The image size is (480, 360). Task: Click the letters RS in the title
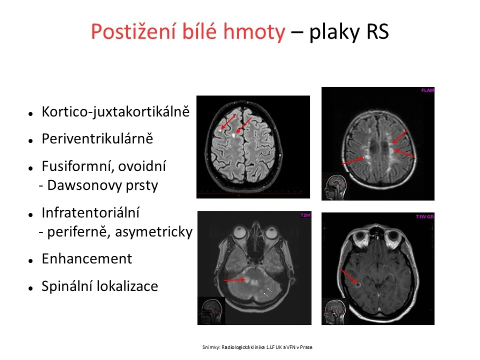tap(377, 31)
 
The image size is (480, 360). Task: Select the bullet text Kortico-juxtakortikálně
tap(116, 112)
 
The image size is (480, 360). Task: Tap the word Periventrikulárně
tap(97, 139)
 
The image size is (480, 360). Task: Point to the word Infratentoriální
tap(90, 213)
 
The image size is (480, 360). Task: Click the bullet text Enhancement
tap(87, 259)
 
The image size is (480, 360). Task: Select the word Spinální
tap(67, 286)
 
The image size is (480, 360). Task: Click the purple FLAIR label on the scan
tap(427, 90)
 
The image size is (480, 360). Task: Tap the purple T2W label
tap(305, 215)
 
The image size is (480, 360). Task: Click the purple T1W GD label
tap(425, 217)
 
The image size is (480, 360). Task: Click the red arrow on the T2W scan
tap(234, 280)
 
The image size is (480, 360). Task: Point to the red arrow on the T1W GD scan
tap(349, 276)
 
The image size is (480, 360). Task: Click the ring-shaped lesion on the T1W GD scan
tap(358, 285)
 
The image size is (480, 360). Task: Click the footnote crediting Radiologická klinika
tap(257, 347)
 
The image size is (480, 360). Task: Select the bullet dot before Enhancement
tap(30, 261)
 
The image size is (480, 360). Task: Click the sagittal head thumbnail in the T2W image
tap(211, 311)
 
